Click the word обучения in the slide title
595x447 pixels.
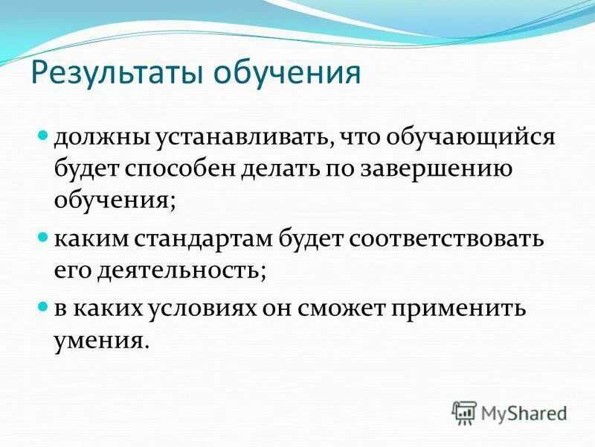(x=288, y=74)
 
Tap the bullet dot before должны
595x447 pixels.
(x=42, y=138)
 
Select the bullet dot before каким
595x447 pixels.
(x=42, y=239)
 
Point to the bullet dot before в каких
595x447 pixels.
(x=42, y=307)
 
